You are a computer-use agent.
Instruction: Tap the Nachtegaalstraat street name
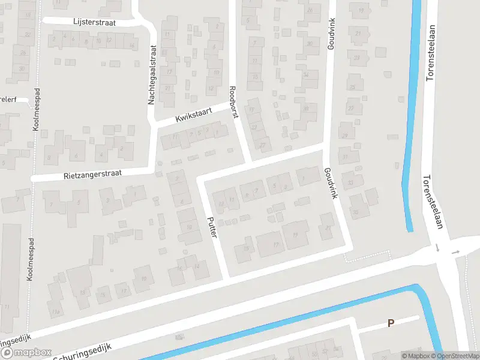tap(152, 76)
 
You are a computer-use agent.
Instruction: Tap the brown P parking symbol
tap(391, 323)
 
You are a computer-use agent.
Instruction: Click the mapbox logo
tap(26, 353)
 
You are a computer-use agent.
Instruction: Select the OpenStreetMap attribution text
tap(457, 356)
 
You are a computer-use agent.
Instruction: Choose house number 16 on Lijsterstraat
tap(131, 46)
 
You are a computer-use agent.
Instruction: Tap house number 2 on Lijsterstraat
tap(55, 40)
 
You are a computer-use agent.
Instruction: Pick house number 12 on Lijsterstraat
tap(109, 40)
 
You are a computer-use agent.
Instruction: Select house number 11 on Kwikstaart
tap(175, 137)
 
